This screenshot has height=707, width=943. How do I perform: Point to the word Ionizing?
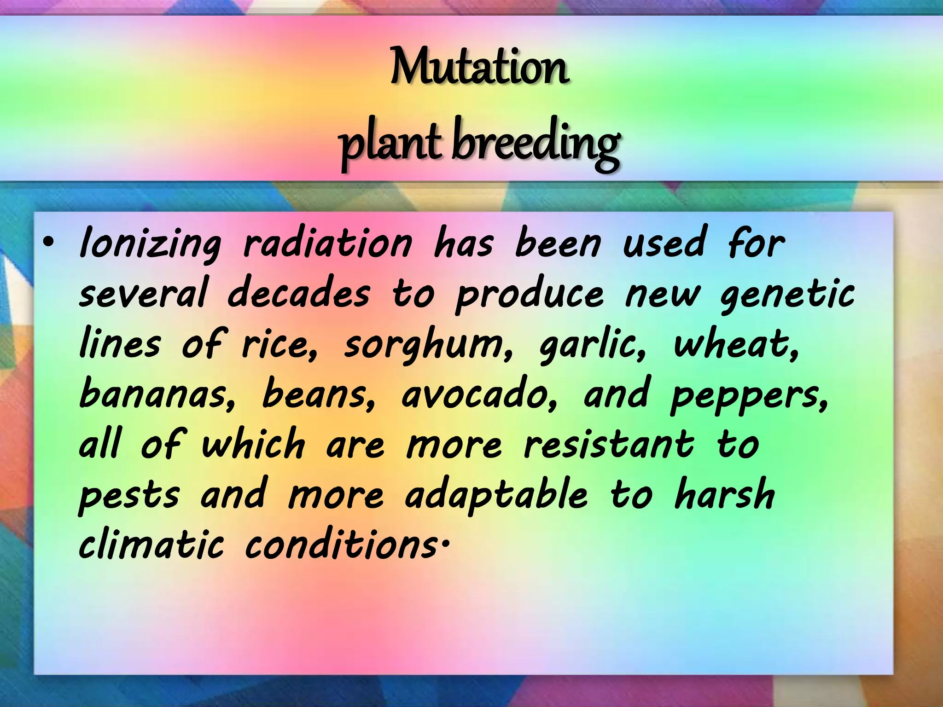coord(150,244)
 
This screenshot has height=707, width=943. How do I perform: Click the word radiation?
coord(327,244)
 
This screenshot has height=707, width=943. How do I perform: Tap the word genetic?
coord(787,295)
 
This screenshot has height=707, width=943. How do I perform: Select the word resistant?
coord(609,445)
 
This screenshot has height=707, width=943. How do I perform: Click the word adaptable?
coord(496,495)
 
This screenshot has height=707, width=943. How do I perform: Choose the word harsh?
coord(725,494)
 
